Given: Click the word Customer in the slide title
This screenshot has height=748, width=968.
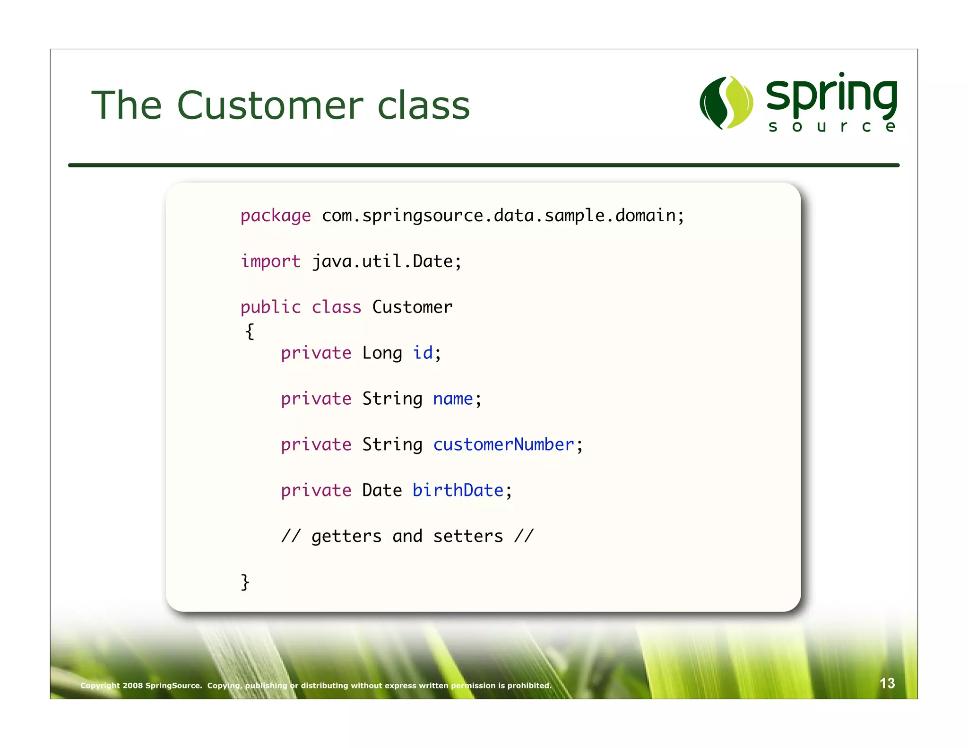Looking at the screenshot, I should point(270,105).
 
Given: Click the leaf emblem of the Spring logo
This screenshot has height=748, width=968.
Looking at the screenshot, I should point(726,103).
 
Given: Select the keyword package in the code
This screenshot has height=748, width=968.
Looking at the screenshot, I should point(276,216).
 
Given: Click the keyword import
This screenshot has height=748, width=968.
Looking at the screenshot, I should point(270,261).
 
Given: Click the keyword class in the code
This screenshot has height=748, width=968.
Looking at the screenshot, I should point(336,307).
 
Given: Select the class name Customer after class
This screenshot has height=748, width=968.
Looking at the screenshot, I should point(412,307).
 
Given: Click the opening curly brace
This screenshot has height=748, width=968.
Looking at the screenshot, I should point(250,331).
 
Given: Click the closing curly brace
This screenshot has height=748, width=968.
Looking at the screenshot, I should point(245,582).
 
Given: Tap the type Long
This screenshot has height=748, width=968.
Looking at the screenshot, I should point(382,353).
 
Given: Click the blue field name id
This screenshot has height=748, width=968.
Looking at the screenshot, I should point(423,353).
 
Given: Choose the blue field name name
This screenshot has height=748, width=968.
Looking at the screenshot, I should point(453,399).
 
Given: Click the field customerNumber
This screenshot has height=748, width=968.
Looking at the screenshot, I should point(503,445).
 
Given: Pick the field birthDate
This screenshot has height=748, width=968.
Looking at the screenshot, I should point(458,490).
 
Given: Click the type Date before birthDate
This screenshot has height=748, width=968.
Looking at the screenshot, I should point(382,490).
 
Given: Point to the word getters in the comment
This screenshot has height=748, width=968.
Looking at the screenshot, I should point(346,536).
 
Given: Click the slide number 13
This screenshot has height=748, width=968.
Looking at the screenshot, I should point(887,683).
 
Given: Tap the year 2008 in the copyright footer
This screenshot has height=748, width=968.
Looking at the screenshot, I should point(132,686).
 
